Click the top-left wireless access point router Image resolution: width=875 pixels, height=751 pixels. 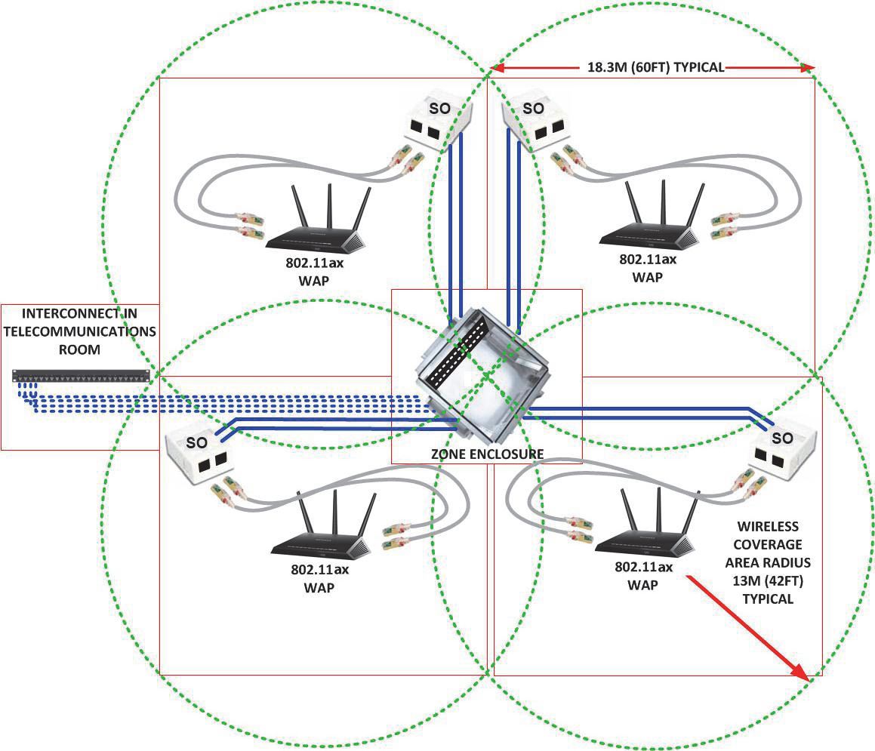pyautogui.click(x=317, y=234)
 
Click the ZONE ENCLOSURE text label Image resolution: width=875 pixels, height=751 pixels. pyautogui.click(x=486, y=453)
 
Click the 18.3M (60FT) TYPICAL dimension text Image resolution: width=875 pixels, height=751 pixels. pyautogui.click(x=655, y=67)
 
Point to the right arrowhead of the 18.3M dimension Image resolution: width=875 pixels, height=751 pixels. pyautogui.click(x=810, y=68)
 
